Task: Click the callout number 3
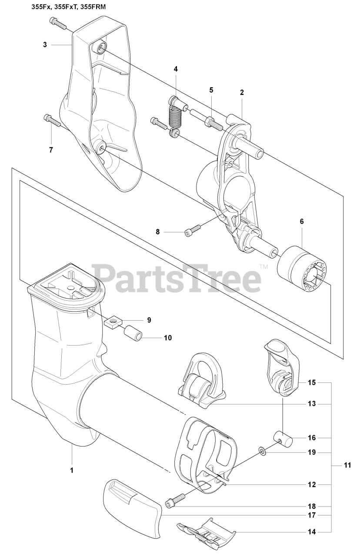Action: [x=45, y=44]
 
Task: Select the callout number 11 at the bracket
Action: [x=347, y=465]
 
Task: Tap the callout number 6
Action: [x=301, y=221]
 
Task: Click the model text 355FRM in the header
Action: [x=93, y=7]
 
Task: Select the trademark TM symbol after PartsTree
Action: [x=264, y=267]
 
